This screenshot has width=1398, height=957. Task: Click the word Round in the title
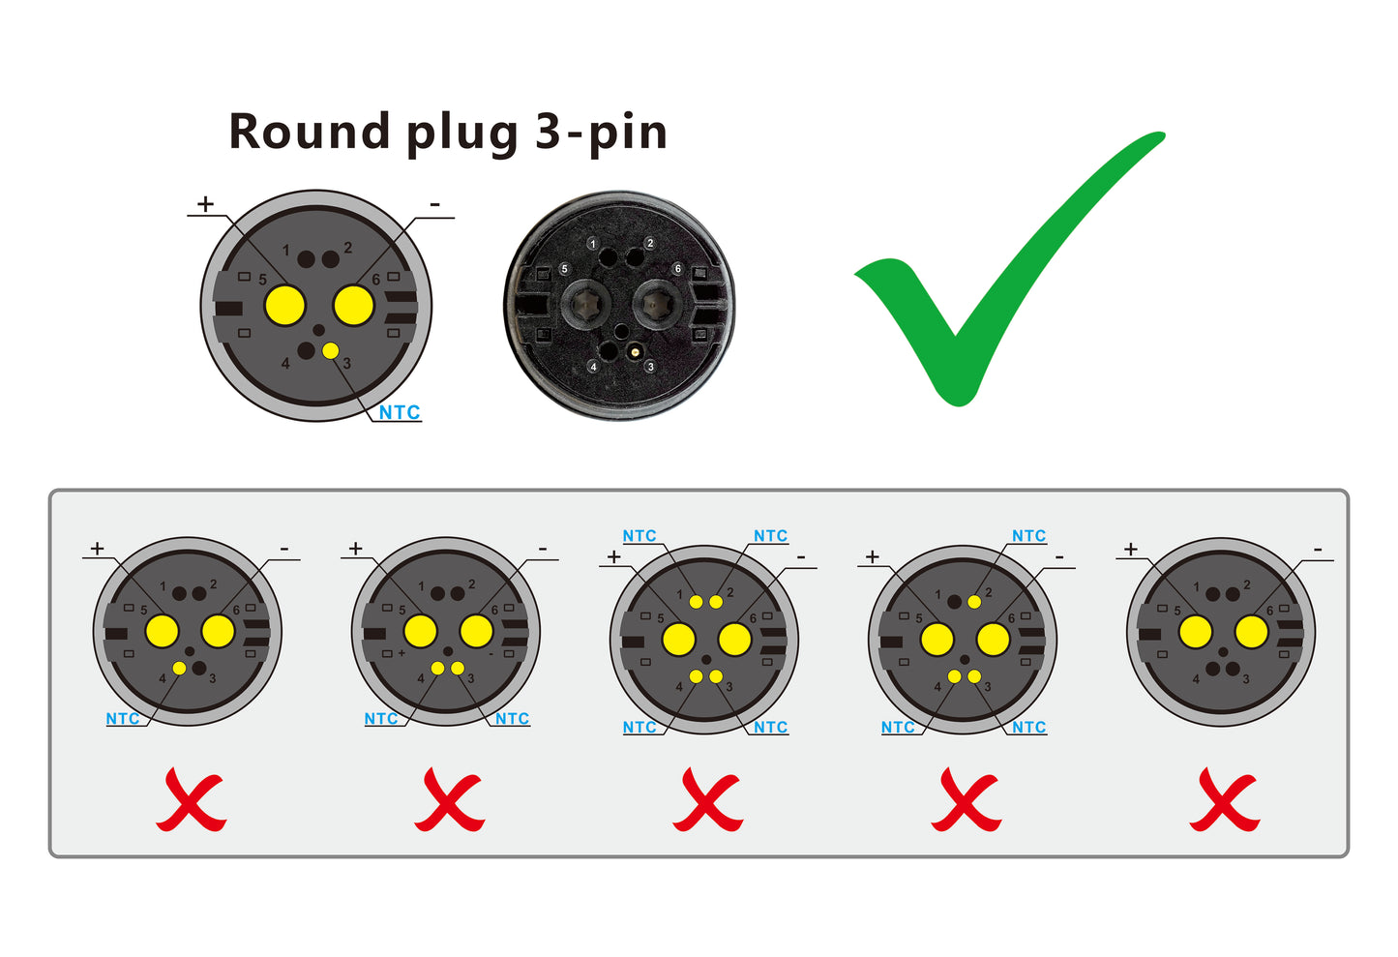point(309,132)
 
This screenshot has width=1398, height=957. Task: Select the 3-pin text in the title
point(601,133)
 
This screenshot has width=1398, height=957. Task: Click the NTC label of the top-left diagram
point(399,412)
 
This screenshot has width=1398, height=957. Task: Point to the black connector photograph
point(619,305)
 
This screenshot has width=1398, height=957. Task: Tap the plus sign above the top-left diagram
point(205,203)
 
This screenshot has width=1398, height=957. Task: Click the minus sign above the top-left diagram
point(435,204)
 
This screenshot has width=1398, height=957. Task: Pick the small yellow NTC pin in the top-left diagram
point(331,351)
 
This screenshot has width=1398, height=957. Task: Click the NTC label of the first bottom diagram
point(123,719)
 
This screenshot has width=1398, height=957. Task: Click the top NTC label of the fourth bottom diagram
point(1028,536)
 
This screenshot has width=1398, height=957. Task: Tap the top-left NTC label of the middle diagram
point(640,536)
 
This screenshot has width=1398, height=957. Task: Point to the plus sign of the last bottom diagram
point(1130,549)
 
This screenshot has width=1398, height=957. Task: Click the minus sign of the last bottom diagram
point(1318,549)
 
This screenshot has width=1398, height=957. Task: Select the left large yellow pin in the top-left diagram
point(284,306)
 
